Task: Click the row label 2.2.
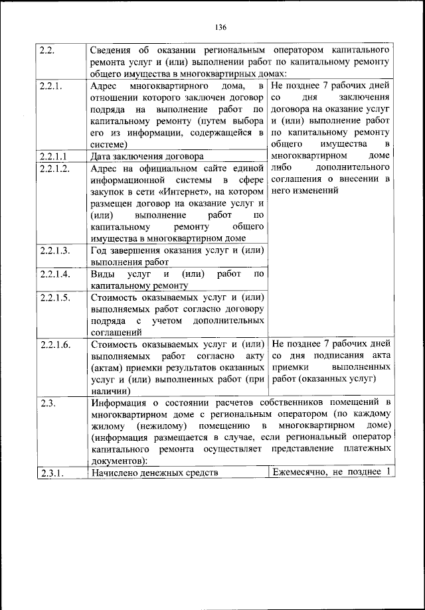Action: coord(48,50)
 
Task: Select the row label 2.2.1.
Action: coord(51,86)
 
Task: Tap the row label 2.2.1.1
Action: coord(52,157)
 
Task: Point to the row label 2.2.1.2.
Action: coord(54,169)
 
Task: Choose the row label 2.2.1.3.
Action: coord(54,250)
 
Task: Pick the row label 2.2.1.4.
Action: coord(54,273)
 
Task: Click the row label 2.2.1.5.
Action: coord(54,297)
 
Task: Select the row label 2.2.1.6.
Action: coord(54,344)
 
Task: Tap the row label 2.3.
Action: coord(48,402)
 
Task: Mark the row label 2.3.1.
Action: coord(51,473)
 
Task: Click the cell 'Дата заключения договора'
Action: coord(147,157)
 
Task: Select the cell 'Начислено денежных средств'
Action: coord(155,473)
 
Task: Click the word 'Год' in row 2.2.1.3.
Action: coord(99,250)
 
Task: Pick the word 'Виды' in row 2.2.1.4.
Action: coord(102,273)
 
